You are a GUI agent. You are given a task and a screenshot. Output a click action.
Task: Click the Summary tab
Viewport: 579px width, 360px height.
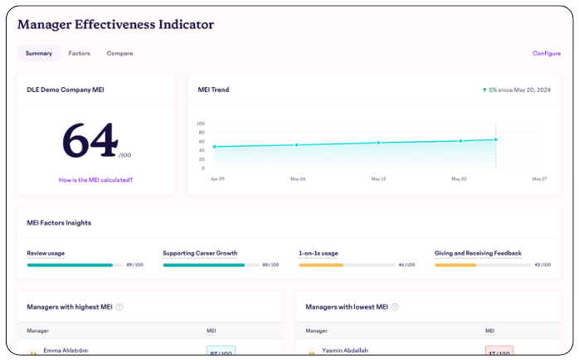(x=39, y=53)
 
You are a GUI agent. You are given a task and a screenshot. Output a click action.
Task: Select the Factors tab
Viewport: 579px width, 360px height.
(x=80, y=53)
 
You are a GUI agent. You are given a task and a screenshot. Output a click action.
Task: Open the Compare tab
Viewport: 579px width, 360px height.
(x=119, y=53)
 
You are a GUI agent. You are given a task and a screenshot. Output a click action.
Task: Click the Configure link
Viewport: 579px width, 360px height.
(x=547, y=53)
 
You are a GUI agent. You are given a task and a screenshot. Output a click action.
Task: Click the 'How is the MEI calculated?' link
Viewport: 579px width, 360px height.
(x=95, y=179)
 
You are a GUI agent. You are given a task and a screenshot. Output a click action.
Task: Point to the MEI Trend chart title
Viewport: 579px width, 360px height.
(x=213, y=90)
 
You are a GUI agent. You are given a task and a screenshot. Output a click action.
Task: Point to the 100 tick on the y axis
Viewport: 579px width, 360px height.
(x=201, y=124)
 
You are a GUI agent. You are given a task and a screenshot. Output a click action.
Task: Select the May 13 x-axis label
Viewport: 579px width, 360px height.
(x=378, y=178)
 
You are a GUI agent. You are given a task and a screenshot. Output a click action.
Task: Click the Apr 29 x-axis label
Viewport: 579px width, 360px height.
(x=217, y=178)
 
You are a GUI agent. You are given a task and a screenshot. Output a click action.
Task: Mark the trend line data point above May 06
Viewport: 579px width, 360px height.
(x=296, y=145)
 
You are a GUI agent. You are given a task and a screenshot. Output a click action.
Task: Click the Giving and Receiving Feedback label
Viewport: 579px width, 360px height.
(x=478, y=253)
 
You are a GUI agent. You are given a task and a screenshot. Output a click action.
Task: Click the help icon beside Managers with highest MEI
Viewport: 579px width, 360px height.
(x=119, y=307)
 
